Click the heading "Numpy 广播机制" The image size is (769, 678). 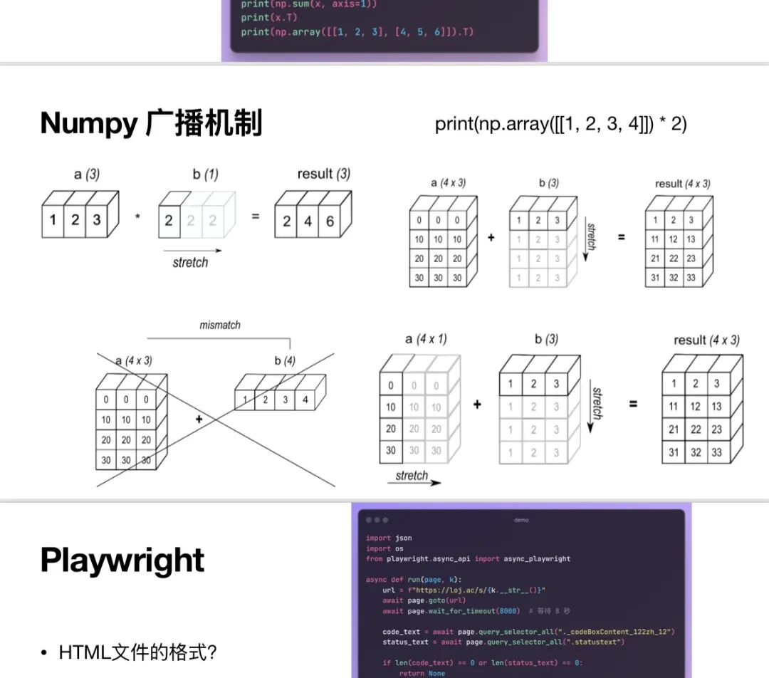(x=151, y=123)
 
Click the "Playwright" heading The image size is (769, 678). (x=122, y=560)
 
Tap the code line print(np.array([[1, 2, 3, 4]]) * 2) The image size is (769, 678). (x=560, y=124)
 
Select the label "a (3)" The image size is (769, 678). (x=87, y=174)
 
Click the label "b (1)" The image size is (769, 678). (x=205, y=174)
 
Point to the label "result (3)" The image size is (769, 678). (x=323, y=174)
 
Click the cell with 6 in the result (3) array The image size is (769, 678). (x=330, y=221)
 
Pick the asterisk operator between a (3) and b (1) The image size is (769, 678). (x=137, y=217)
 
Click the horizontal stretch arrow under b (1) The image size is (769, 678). (x=192, y=251)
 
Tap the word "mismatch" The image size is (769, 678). (x=219, y=325)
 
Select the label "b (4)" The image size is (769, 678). (x=284, y=360)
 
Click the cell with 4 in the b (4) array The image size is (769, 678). (x=305, y=400)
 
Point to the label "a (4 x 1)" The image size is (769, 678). (x=426, y=339)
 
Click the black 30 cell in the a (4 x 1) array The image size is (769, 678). (x=391, y=450)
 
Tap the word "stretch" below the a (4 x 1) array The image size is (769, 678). (x=412, y=475)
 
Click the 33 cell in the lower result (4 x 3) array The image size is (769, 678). (x=716, y=452)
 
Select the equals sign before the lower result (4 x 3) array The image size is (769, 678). (x=633, y=404)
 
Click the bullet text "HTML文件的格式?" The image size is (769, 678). (x=137, y=652)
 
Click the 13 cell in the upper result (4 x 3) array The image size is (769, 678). (x=690, y=239)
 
